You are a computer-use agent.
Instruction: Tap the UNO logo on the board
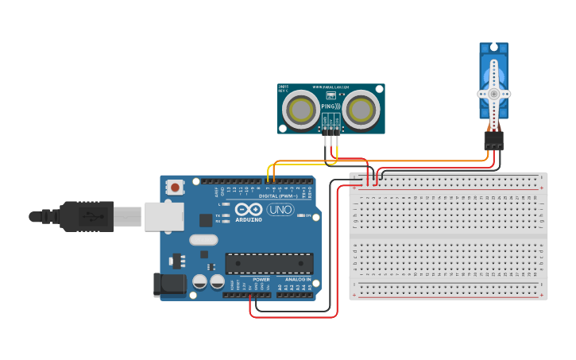click(280, 210)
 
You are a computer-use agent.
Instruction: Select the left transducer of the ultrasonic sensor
click(300, 108)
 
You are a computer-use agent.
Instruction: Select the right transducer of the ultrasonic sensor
click(361, 108)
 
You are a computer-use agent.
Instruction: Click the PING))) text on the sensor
click(331, 106)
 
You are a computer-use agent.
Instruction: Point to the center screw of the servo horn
click(493, 93)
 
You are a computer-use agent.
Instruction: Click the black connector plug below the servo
click(493, 141)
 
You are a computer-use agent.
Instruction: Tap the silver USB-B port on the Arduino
click(163, 215)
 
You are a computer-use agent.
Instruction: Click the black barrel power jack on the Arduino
click(168, 285)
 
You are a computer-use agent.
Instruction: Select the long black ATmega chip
click(269, 264)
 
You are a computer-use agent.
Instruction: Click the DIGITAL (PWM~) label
click(277, 195)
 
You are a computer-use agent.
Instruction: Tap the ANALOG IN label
click(298, 280)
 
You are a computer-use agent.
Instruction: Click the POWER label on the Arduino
click(261, 280)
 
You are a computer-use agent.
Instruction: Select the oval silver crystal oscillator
click(203, 239)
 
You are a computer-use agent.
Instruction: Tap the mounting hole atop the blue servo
click(493, 50)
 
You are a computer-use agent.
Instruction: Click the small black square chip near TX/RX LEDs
click(206, 220)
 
